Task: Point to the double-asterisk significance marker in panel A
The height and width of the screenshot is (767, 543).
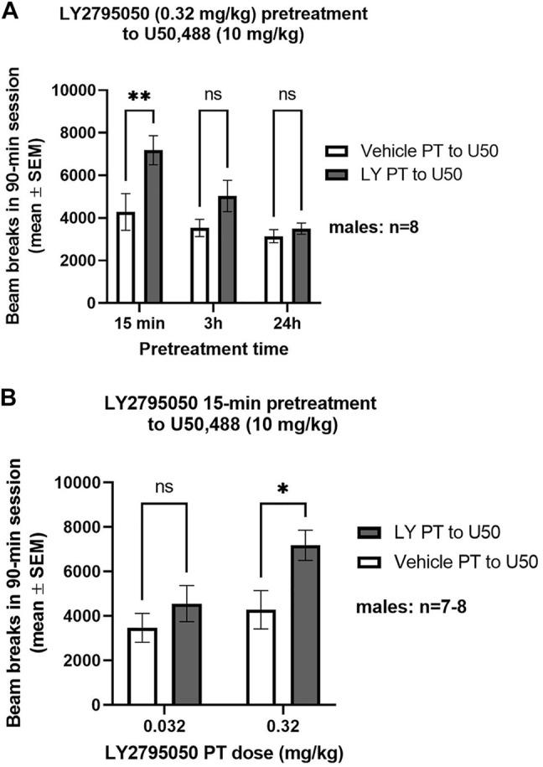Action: tap(139, 96)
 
